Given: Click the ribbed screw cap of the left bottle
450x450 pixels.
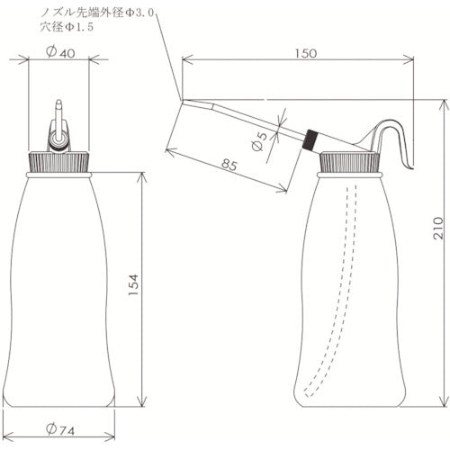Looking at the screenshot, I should tap(58, 163).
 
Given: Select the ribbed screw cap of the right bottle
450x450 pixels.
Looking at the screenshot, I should tap(352, 163).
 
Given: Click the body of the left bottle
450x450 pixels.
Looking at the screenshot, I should tap(58, 288).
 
